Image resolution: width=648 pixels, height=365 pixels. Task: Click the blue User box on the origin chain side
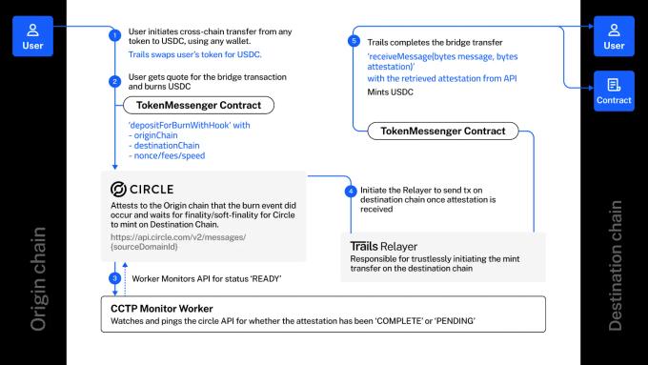32,34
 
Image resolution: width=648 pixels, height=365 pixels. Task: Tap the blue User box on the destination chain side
615,34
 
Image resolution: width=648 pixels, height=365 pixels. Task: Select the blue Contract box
615,91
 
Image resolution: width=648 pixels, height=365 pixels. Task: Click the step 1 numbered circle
115,35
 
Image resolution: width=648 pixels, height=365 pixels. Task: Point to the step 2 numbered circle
115,82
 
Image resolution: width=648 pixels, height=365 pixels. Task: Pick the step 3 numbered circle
115,277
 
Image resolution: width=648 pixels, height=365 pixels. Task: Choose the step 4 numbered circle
351,191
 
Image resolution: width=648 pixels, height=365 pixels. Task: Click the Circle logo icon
119,189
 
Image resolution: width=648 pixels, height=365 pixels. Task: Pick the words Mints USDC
391,93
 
